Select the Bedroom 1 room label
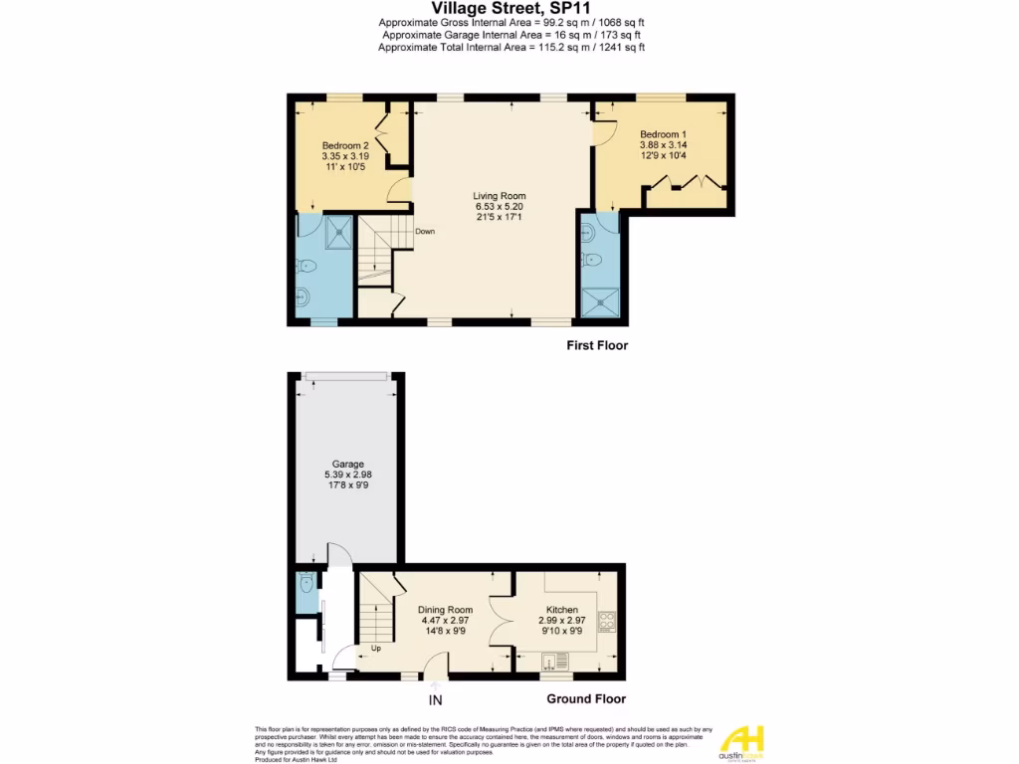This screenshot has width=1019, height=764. click(663, 134)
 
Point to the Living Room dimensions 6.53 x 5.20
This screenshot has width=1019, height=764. click(500, 207)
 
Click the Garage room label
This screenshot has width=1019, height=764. click(347, 464)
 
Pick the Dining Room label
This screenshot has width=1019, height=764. click(445, 610)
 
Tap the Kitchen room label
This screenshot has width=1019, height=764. click(562, 610)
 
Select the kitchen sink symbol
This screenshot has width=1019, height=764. click(554, 660)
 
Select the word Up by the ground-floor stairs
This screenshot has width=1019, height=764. click(376, 650)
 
